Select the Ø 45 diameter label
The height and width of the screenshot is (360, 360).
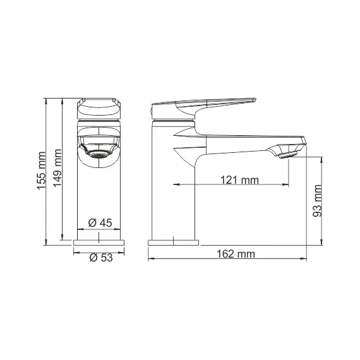pos(100,222)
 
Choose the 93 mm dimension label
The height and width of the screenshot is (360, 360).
pos(318,201)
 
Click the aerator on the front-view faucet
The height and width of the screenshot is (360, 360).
pos(98,153)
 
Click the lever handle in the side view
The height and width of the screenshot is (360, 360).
pos(202,103)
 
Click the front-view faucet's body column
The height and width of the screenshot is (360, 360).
pos(99,196)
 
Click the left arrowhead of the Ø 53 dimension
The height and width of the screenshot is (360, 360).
pos(76,252)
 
